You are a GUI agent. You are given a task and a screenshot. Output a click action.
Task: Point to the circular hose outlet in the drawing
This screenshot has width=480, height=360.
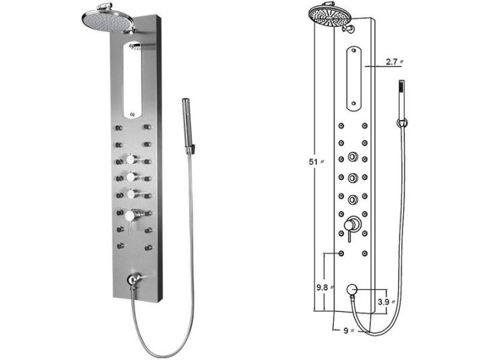351,291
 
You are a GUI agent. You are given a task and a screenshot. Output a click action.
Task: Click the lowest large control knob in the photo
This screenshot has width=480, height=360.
129,215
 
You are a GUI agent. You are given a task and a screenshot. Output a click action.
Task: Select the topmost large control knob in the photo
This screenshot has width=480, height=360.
129,160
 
